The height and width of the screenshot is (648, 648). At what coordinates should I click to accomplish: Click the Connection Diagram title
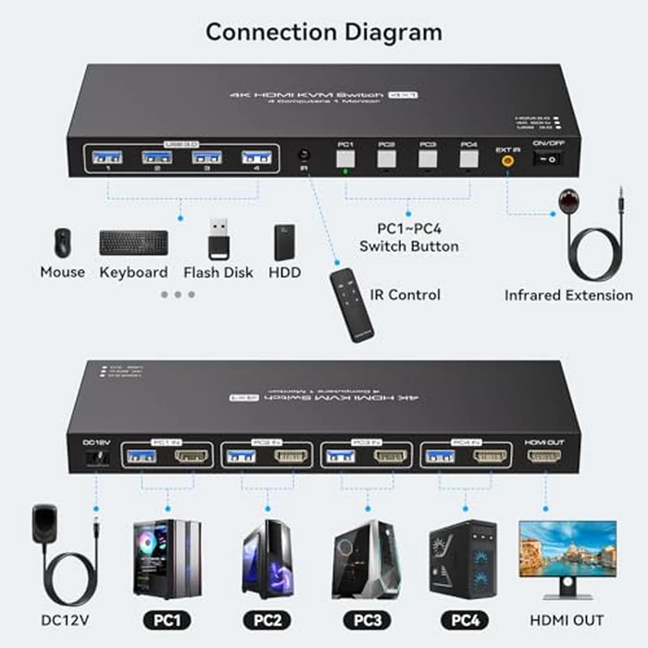click(x=324, y=31)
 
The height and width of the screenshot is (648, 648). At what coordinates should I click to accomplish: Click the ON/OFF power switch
click(x=549, y=159)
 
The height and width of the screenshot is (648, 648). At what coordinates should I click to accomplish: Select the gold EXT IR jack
click(x=507, y=159)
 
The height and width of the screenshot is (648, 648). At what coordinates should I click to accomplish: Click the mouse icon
click(x=62, y=243)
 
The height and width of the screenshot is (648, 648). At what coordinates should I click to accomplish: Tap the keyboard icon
click(x=133, y=243)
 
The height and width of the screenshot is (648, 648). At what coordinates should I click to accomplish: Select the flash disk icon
click(x=218, y=240)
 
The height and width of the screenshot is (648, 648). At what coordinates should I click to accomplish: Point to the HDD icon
click(x=285, y=242)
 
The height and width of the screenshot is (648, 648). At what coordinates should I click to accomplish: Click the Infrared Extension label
click(x=568, y=295)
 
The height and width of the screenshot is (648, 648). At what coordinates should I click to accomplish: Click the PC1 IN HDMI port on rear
click(x=191, y=456)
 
